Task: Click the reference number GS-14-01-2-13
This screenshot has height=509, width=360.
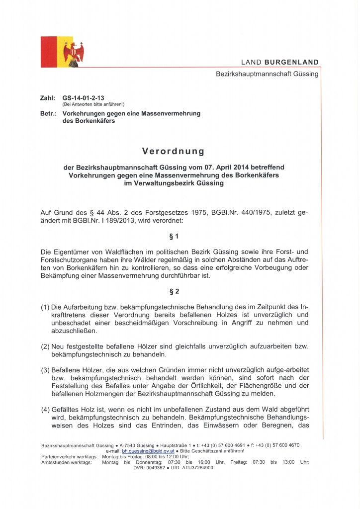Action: [84, 98]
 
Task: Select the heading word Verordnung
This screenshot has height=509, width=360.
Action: [173, 151]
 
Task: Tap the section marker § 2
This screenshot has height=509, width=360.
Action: [173, 291]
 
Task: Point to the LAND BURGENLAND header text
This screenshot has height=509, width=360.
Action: [280, 62]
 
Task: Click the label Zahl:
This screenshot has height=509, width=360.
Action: [47, 98]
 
